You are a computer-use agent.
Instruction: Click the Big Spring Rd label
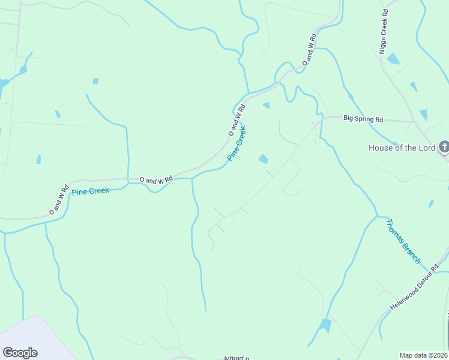point(363,119)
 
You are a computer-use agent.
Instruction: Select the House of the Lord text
point(402,148)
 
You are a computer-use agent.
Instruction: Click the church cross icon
point(444,147)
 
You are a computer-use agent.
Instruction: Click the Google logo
point(20,353)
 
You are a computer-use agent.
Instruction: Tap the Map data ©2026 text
point(423,355)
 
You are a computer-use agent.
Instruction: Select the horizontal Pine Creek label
point(90,191)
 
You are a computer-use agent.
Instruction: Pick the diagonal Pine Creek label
point(237,143)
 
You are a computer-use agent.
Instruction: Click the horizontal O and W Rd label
point(156,179)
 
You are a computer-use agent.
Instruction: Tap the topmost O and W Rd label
point(309,50)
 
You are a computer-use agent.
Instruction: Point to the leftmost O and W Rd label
point(59,200)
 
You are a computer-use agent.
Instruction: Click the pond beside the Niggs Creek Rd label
point(393,59)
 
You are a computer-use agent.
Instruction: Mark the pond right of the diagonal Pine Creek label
point(263,159)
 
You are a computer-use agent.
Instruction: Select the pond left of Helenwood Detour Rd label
point(325,326)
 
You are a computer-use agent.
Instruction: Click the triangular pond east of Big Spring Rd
point(423,115)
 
